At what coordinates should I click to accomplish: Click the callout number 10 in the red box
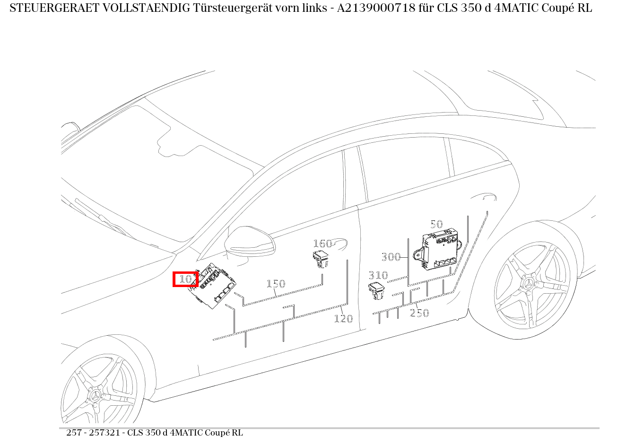click(x=185, y=279)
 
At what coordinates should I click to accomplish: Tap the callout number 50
click(x=436, y=225)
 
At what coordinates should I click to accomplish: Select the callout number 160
click(x=322, y=244)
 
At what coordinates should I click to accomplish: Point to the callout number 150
click(x=276, y=284)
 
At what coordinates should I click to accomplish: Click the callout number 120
click(x=343, y=319)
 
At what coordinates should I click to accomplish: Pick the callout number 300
click(x=391, y=257)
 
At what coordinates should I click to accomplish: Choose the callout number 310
click(x=378, y=275)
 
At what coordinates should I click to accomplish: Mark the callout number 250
click(x=419, y=313)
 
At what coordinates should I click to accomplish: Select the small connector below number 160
click(x=320, y=260)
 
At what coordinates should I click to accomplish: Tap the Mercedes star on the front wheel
click(x=96, y=396)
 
